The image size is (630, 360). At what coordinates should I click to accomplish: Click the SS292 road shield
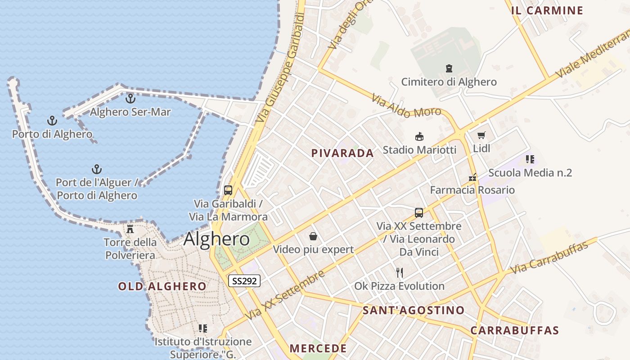pyautogui.click(x=244, y=281)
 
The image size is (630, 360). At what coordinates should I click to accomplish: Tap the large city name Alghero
pyautogui.click(x=216, y=239)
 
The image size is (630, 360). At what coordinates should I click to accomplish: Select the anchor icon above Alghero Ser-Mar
pyautogui.click(x=130, y=98)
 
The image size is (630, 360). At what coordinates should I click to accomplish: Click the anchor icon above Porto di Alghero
pyautogui.click(x=52, y=121)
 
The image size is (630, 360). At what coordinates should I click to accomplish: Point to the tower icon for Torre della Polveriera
pyautogui.click(x=130, y=229)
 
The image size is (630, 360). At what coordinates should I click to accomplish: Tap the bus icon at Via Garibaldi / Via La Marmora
pyautogui.click(x=228, y=190)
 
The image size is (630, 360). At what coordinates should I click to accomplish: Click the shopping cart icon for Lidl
pyautogui.click(x=481, y=135)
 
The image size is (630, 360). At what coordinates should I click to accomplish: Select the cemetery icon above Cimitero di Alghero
pyautogui.click(x=449, y=68)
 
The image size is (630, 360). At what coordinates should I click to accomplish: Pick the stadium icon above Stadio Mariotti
pyautogui.click(x=419, y=136)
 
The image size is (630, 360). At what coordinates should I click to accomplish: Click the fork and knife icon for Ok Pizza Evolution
pyautogui.click(x=399, y=272)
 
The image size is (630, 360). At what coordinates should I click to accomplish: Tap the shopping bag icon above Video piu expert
pyautogui.click(x=313, y=236)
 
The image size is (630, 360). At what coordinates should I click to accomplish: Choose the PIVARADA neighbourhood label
pyautogui.click(x=342, y=153)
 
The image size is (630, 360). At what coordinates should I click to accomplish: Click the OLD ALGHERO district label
pyautogui.click(x=162, y=286)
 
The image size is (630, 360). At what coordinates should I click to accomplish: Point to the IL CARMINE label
pyautogui.click(x=547, y=10)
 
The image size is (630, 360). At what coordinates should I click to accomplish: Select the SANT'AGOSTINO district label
pyautogui.click(x=414, y=310)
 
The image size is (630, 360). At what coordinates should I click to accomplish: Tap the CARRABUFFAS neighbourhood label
pyautogui.click(x=515, y=330)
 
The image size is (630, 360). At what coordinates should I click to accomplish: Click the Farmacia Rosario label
pyautogui.click(x=472, y=190)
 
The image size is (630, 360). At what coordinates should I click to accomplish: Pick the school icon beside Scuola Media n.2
pyautogui.click(x=530, y=159)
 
